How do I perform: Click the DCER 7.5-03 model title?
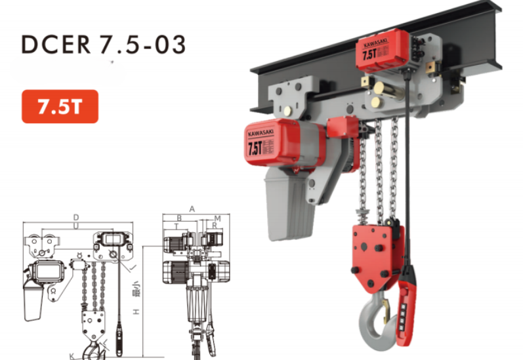(x=104, y=44)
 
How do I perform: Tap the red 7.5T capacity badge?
(x=60, y=107)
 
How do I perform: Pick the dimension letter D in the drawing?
(x=76, y=216)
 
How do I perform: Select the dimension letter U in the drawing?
(x=76, y=225)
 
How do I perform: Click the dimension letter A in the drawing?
(x=192, y=209)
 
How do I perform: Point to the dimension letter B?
(x=179, y=217)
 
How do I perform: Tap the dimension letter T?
(x=175, y=225)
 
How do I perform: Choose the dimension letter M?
(x=217, y=217)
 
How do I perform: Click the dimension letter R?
(x=214, y=225)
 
